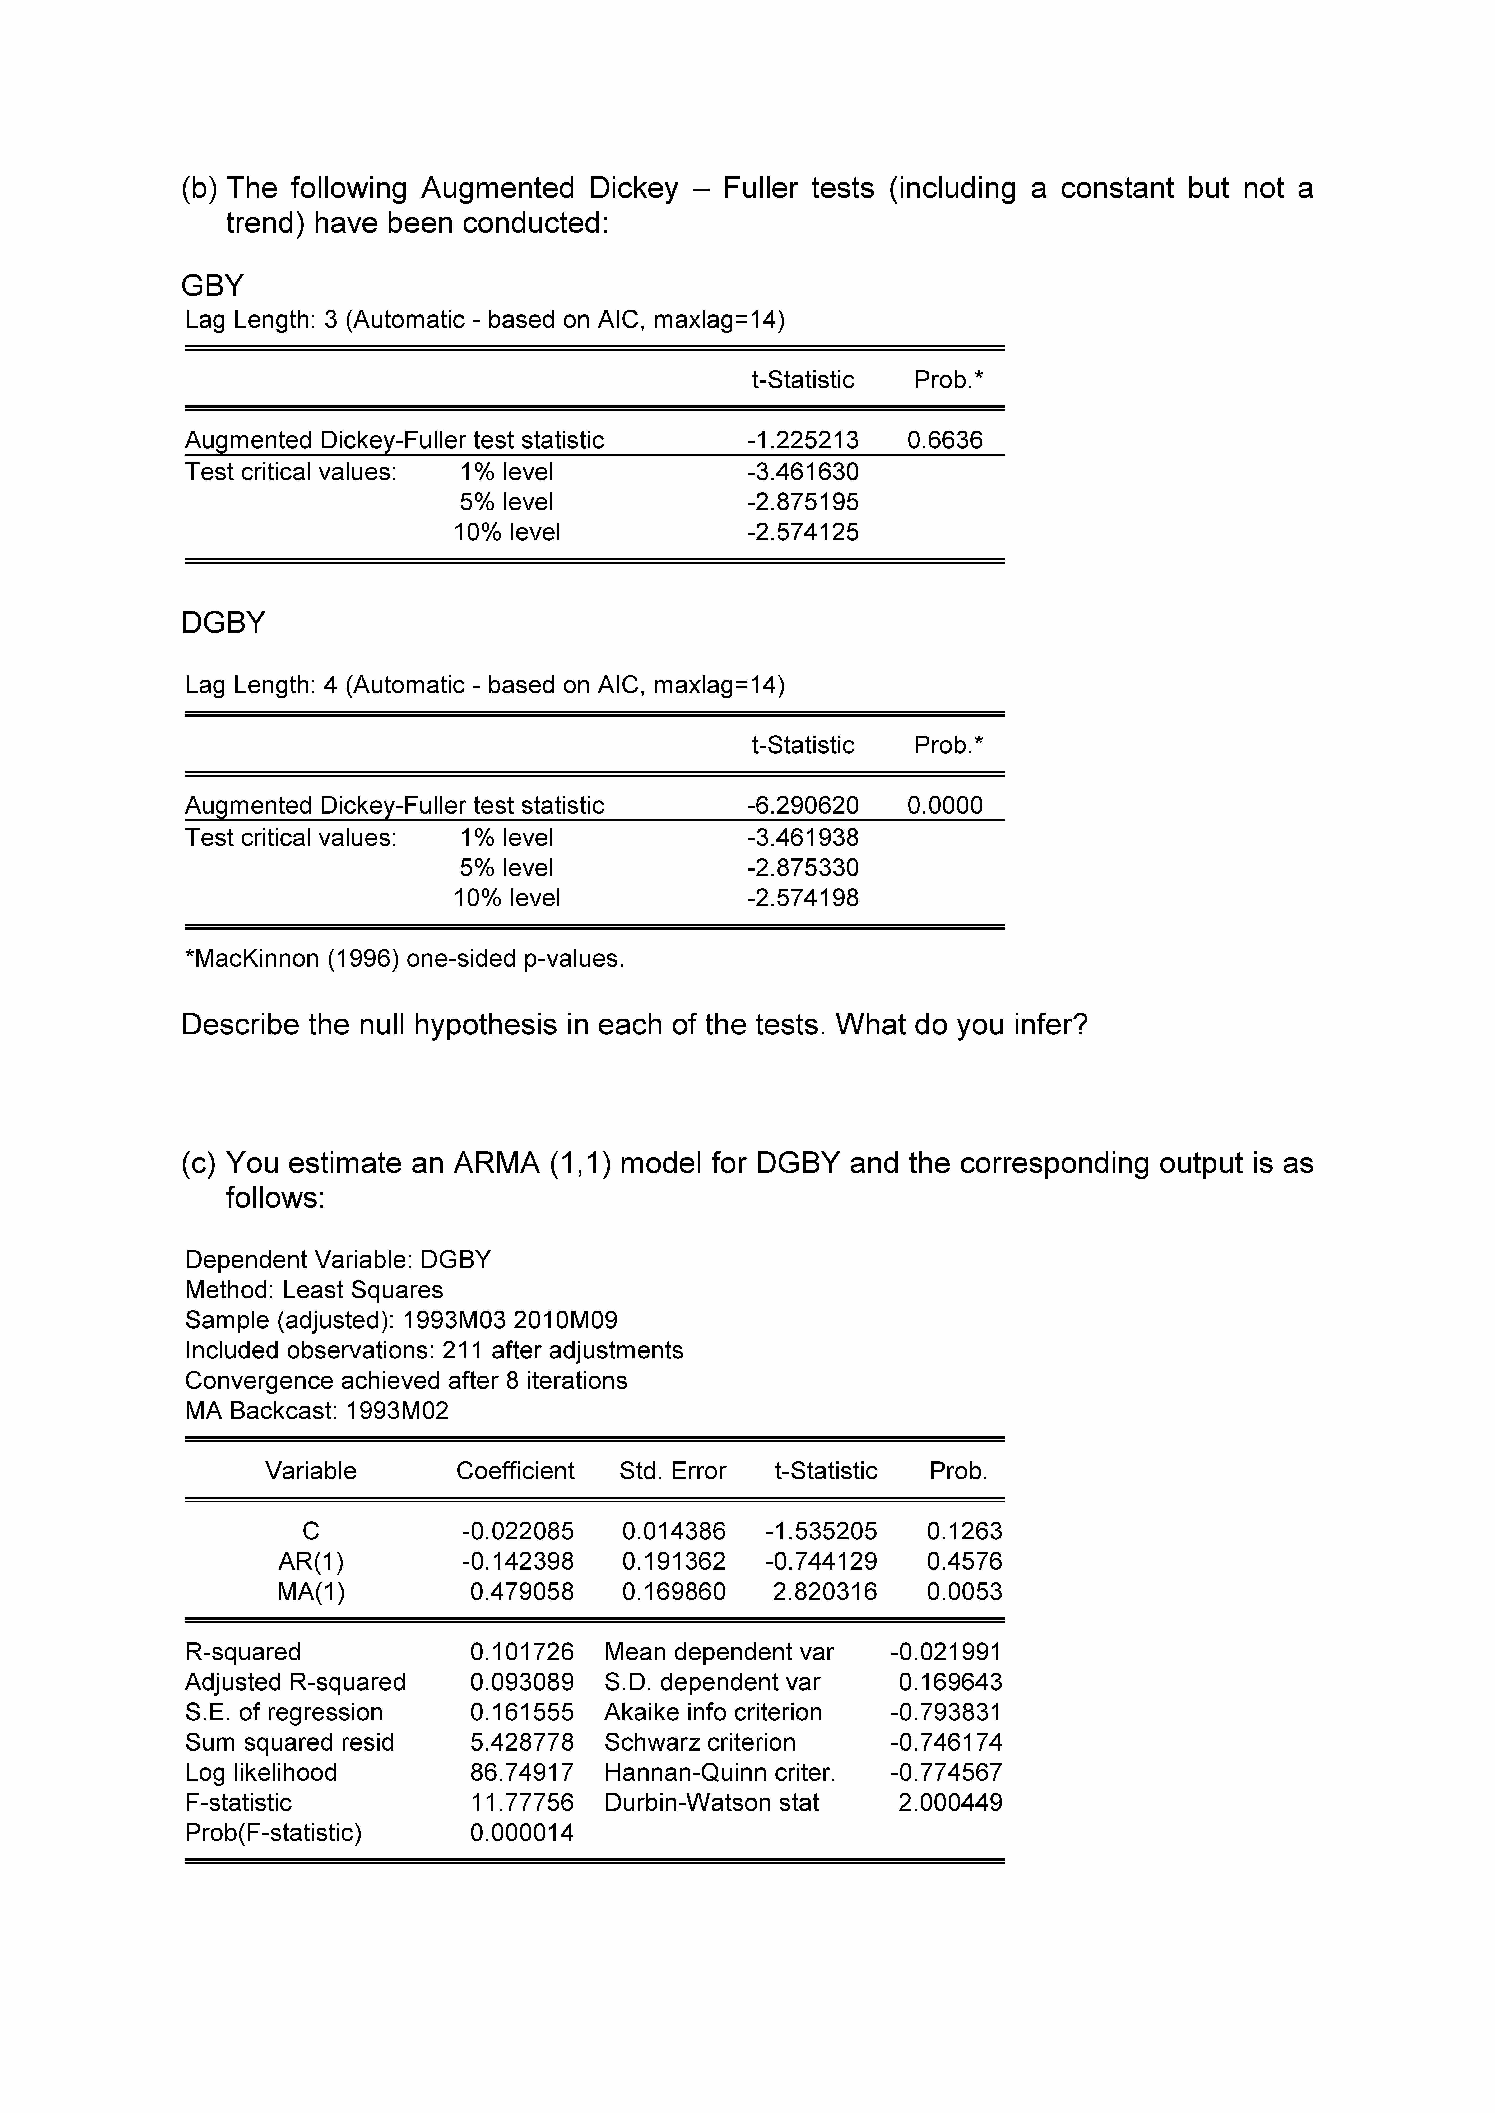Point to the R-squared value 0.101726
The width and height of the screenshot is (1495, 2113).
coord(521,1652)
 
